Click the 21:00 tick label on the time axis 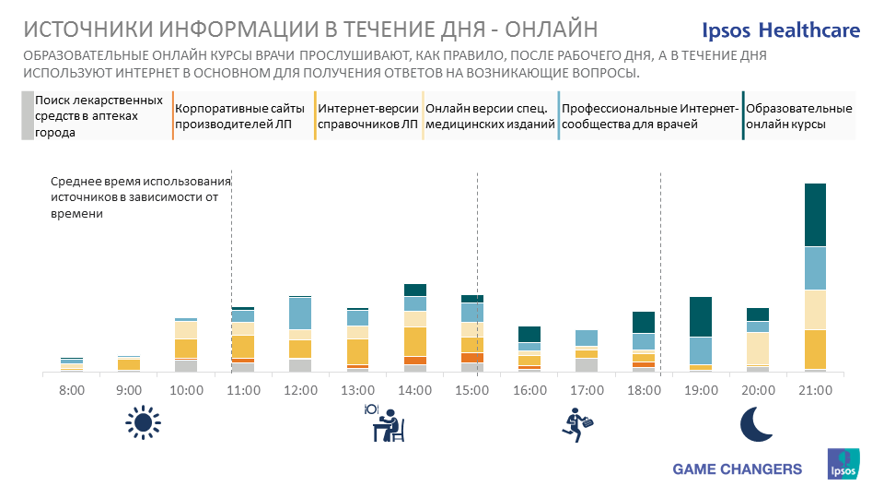pyautogui.click(x=815, y=390)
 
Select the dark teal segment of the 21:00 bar pyautogui.click(x=815, y=215)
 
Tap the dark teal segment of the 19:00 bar pyautogui.click(x=701, y=316)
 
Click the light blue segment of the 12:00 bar pyautogui.click(x=300, y=314)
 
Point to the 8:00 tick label pyautogui.click(x=71, y=390)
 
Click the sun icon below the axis pyautogui.click(x=142, y=422)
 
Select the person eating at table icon pyautogui.click(x=386, y=423)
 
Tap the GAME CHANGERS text pyautogui.click(x=738, y=469)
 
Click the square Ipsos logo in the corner pyautogui.click(x=843, y=463)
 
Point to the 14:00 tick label pyautogui.click(x=414, y=390)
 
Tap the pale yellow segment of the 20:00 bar pyautogui.click(x=758, y=349)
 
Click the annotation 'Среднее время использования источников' pyautogui.click(x=139, y=197)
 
